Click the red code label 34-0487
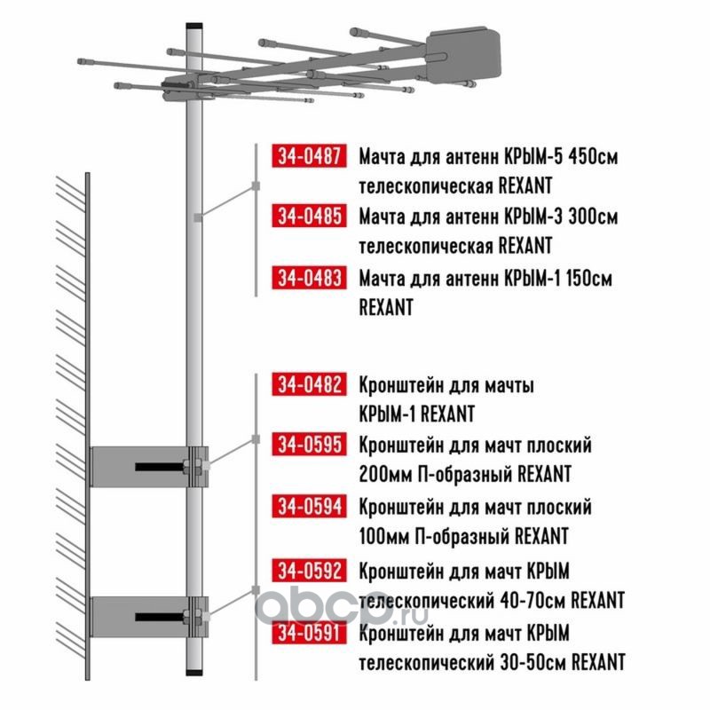point(309,156)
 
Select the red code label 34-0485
point(309,216)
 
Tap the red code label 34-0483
point(309,278)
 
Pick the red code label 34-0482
point(309,384)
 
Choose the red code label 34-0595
point(309,445)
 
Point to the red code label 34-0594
point(309,506)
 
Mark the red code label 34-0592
point(309,571)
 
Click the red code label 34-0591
point(309,633)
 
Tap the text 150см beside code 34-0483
point(588,278)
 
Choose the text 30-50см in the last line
point(533,662)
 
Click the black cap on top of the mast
point(194,27)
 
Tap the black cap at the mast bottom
point(194,672)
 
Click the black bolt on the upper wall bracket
point(160,467)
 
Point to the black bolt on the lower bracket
point(160,617)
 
